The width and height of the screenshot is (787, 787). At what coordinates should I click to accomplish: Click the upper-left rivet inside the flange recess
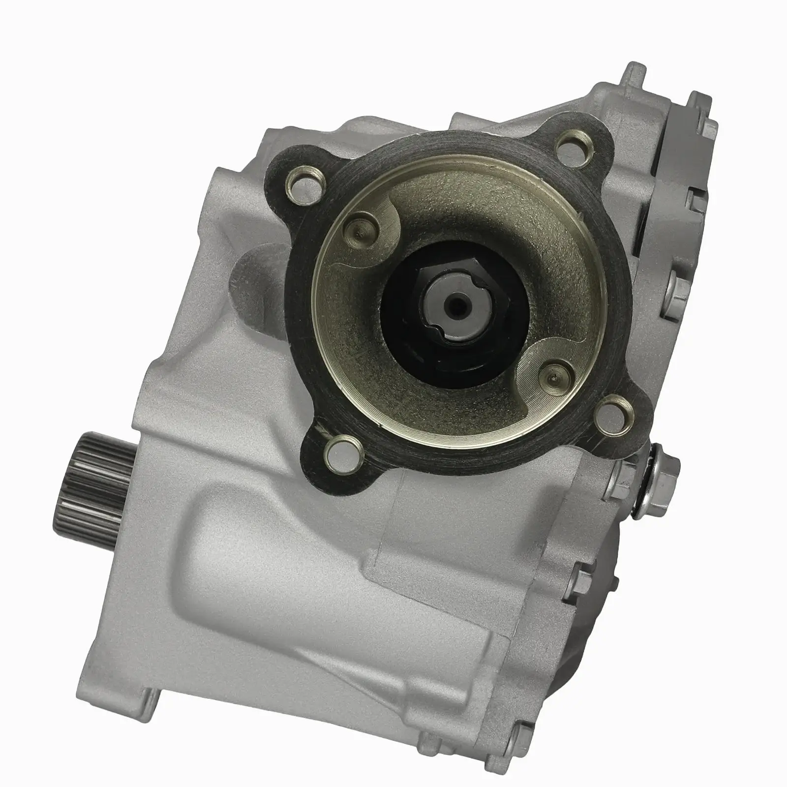click(x=363, y=226)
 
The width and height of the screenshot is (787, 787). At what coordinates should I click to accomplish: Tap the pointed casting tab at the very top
click(x=635, y=74)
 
